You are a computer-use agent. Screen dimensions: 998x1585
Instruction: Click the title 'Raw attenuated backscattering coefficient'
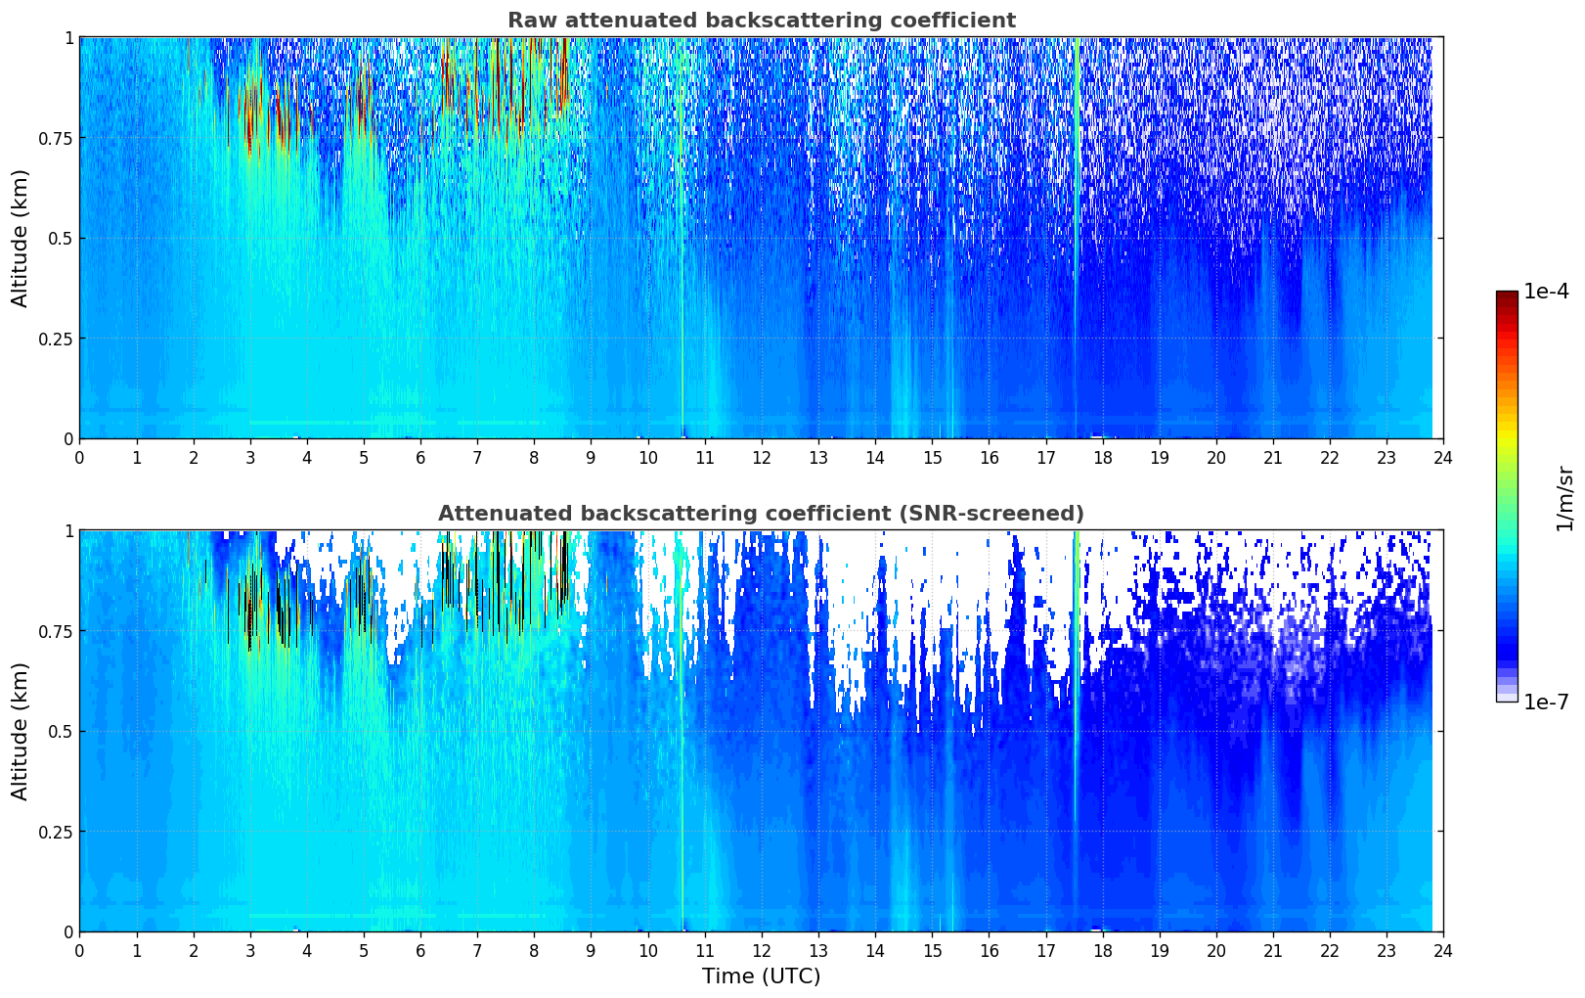pos(761,21)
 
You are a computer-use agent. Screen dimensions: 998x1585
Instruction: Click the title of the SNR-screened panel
pos(761,514)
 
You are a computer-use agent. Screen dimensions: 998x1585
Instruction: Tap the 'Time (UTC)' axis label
pos(761,976)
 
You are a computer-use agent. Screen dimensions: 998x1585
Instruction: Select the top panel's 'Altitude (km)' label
pos(21,238)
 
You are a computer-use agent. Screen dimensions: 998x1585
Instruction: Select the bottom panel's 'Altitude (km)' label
pos(21,731)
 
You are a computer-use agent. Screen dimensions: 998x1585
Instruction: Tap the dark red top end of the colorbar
pos(1507,295)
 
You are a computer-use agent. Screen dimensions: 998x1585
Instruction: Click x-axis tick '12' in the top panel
pos(762,457)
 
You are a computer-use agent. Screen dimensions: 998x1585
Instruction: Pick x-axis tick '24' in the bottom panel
pos(1443,950)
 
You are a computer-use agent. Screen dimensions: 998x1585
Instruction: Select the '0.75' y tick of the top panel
pos(55,138)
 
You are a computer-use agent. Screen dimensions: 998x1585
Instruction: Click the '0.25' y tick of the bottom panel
pos(55,832)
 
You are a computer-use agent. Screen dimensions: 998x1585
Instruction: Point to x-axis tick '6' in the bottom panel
pos(420,950)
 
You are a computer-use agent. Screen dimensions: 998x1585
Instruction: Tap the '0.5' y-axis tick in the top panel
pos(61,238)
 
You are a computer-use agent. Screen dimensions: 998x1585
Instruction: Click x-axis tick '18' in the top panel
pos(1102,457)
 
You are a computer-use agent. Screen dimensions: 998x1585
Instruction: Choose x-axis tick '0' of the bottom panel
pos(79,950)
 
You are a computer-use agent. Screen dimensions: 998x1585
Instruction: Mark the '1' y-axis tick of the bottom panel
pos(68,531)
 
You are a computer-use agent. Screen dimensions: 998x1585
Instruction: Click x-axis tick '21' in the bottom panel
pos(1272,950)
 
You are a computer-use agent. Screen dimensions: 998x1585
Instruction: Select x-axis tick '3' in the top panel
pos(250,457)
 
